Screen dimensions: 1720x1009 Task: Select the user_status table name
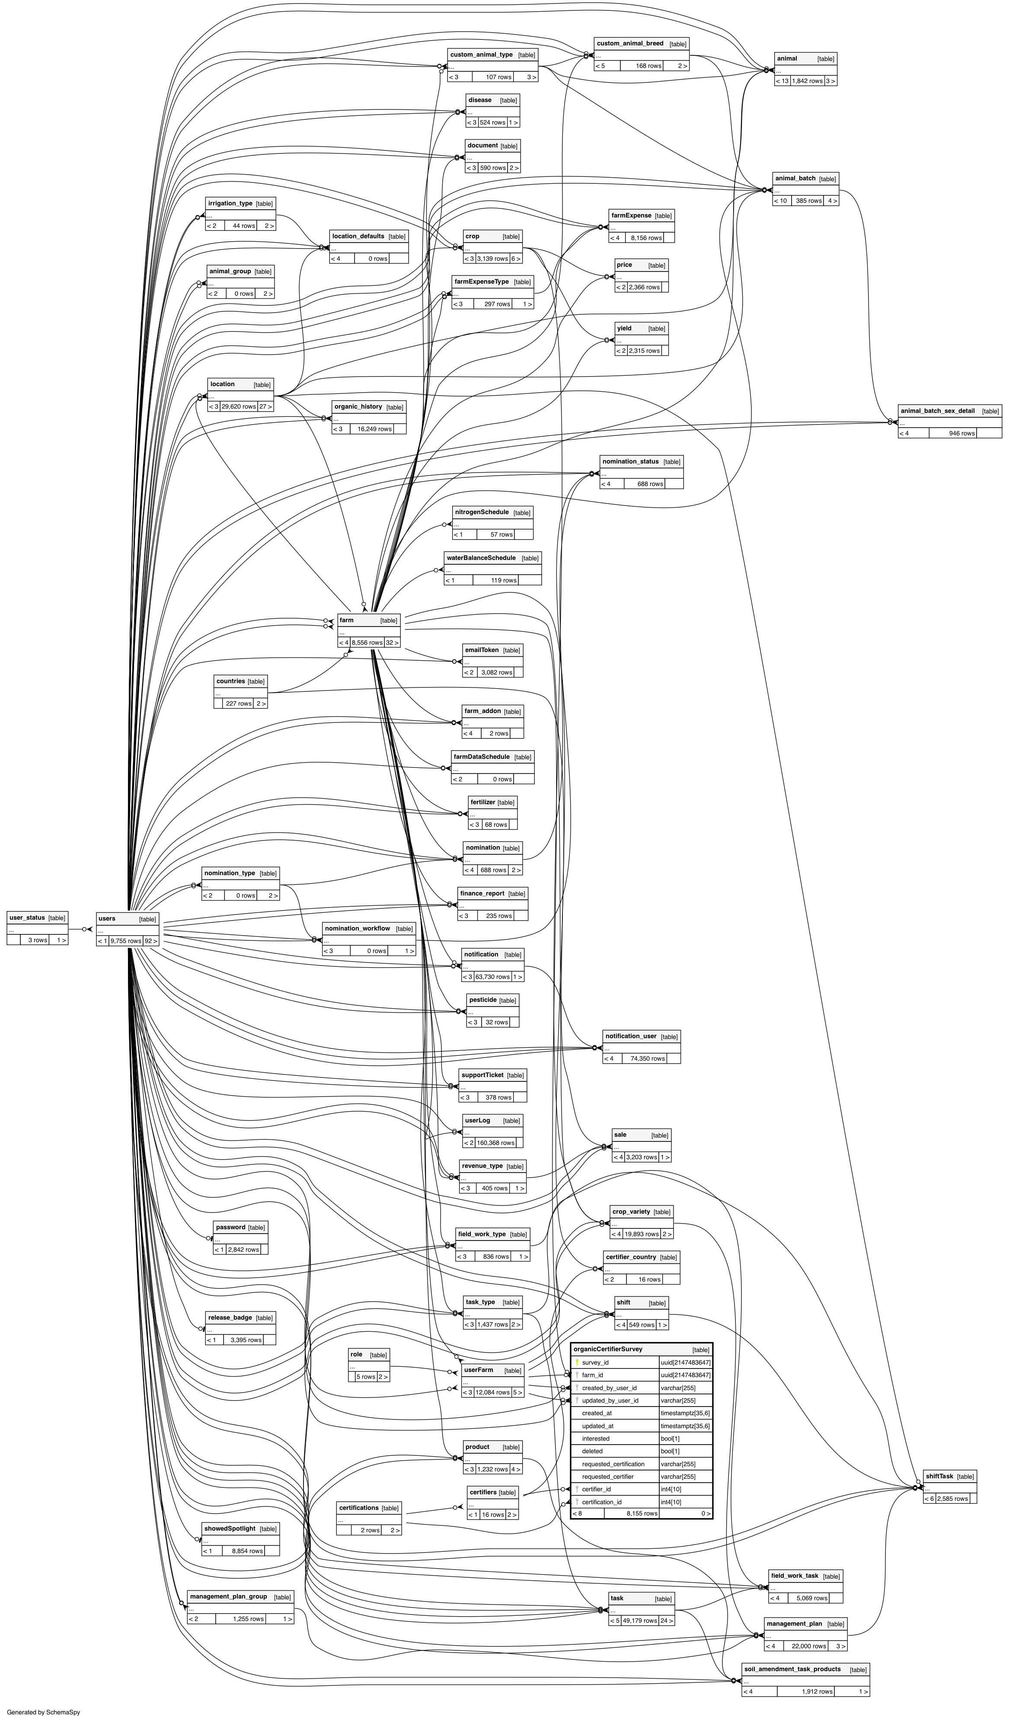27,918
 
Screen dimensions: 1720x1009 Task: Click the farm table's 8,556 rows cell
367,642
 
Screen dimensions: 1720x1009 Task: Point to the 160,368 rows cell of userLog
495,1143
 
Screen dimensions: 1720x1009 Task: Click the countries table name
230,681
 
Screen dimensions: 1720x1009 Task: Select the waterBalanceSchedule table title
481,558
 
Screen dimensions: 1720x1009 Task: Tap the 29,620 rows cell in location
239,406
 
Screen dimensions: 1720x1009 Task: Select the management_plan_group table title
228,1596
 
